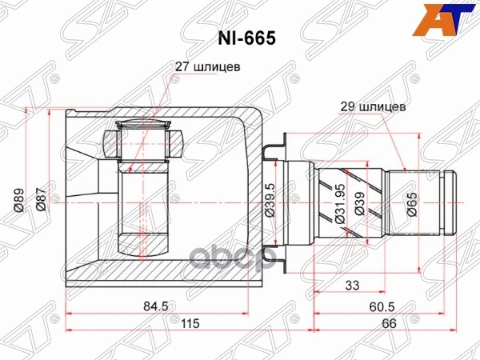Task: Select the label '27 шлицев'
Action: click(x=208, y=68)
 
